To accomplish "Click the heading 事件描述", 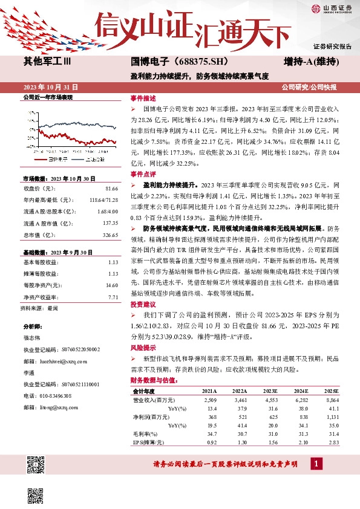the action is coord(143,99).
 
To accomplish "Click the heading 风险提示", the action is coord(143,349).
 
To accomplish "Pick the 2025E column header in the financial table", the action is coord(330,391).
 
